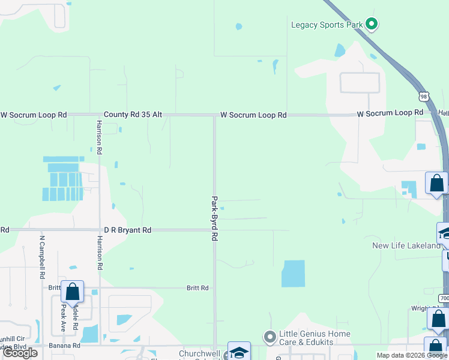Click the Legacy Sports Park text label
click(x=327, y=25)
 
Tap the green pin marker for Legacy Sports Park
click(x=372, y=24)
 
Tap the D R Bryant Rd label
click(x=128, y=230)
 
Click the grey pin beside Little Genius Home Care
click(x=270, y=336)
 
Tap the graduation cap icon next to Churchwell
click(x=238, y=352)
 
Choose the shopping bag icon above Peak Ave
click(x=72, y=292)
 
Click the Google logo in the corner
click(x=20, y=353)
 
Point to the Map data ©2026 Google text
click(x=411, y=355)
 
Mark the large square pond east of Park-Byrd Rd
click(x=293, y=273)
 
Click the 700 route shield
click(x=444, y=298)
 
